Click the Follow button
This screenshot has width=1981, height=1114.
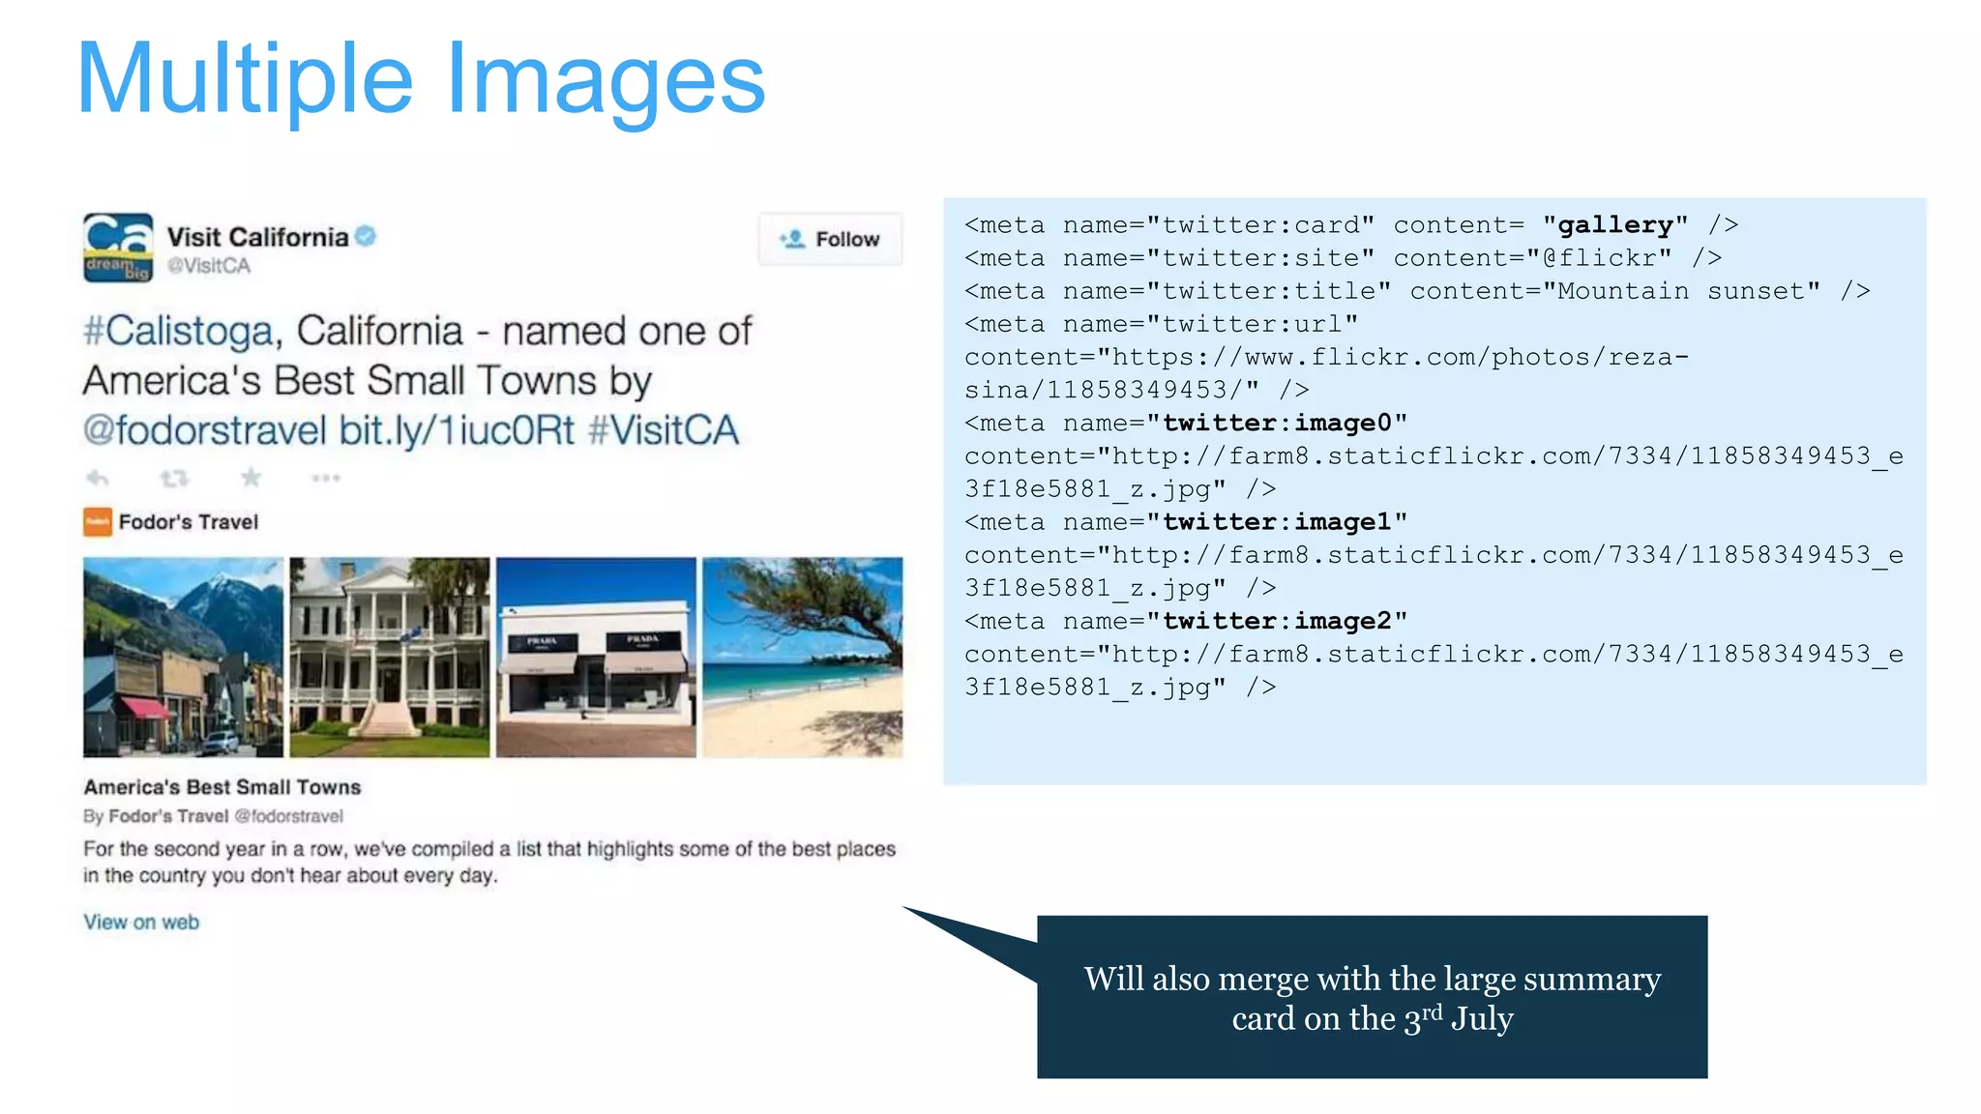(x=830, y=239)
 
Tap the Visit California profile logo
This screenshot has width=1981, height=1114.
(x=118, y=248)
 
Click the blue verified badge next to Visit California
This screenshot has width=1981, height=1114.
(x=366, y=236)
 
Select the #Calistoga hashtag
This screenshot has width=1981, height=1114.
(x=179, y=332)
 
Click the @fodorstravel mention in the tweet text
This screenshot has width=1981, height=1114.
(x=205, y=430)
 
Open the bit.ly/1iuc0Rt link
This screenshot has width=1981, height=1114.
(x=457, y=430)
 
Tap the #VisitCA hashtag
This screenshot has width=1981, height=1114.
(x=664, y=430)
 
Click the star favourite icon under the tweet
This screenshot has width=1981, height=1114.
(x=251, y=478)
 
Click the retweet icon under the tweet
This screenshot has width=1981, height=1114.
(x=174, y=478)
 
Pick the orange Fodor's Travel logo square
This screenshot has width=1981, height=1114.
(x=98, y=522)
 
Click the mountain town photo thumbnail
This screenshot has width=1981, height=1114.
(x=183, y=657)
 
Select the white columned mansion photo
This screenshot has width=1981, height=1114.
(x=390, y=657)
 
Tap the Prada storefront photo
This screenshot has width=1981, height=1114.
(x=596, y=657)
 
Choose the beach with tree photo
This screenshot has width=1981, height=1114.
(x=803, y=657)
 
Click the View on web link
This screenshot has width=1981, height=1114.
(x=141, y=923)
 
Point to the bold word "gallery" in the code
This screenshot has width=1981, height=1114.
(x=1615, y=225)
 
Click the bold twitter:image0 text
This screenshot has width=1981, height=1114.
(x=1277, y=424)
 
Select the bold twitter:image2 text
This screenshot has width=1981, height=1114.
(x=1277, y=621)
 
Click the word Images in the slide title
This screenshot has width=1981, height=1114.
(x=606, y=81)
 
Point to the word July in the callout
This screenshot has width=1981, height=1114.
(x=1482, y=1019)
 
